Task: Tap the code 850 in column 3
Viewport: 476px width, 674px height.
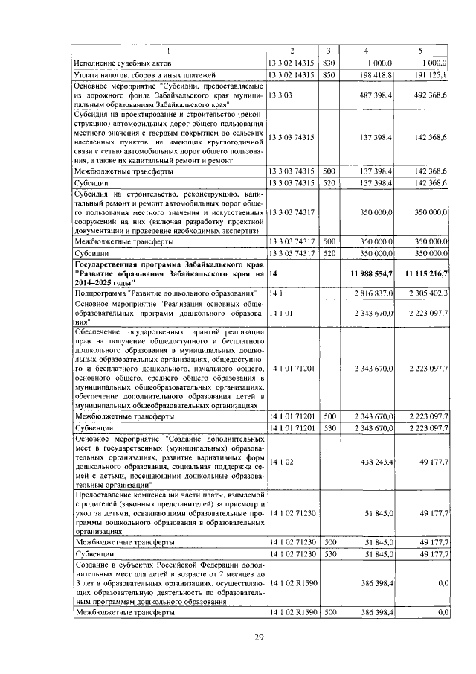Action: [x=329, y=75]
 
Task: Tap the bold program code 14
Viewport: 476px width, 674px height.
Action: [x=273, y=275]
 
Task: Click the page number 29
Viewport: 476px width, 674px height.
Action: [x=259, y=636]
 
